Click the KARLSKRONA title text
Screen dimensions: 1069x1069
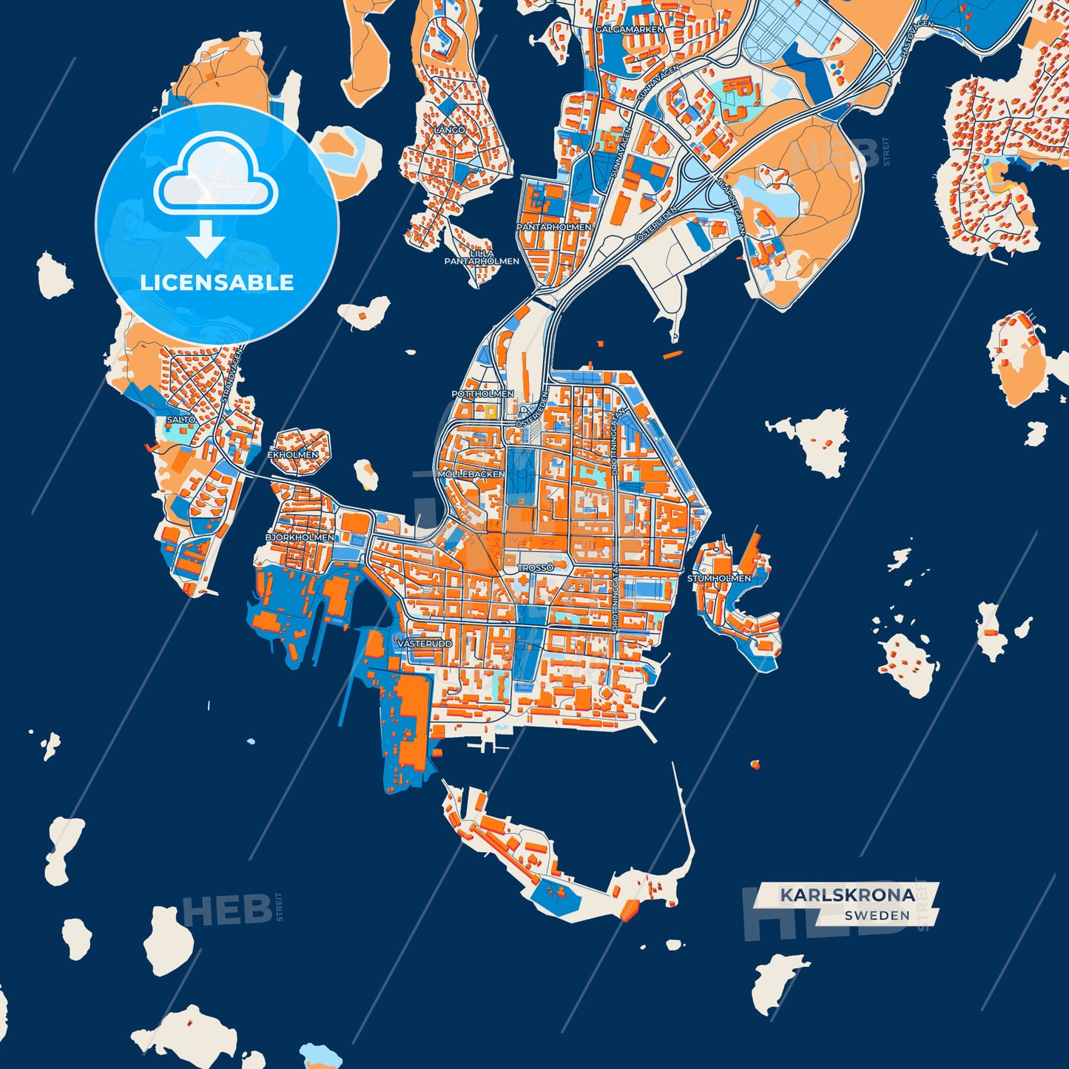coord(847,895)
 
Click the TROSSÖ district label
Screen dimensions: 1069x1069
coord(535,567)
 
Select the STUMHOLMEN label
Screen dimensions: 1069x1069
coord(719,578)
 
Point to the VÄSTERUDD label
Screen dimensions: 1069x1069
coord(425,644)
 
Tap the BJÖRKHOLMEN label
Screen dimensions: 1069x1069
coord(300,537)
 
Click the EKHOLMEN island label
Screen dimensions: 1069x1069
coord(293,454)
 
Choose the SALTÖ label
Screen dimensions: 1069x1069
coord(181,419)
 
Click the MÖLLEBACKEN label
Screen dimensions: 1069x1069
coord(471,473)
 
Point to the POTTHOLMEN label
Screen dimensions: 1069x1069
coord(482,394)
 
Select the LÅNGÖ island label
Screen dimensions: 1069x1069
coord(450,129)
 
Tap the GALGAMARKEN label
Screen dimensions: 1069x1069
coord(630,29)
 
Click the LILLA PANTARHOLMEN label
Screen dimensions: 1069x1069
coord(482,257)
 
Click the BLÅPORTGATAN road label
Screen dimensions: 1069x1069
coord(730,207)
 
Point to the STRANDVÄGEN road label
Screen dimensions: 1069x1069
coord(229,375)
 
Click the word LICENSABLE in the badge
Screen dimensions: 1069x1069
coord(217,283)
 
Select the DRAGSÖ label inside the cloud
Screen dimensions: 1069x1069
coord(229,185)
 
